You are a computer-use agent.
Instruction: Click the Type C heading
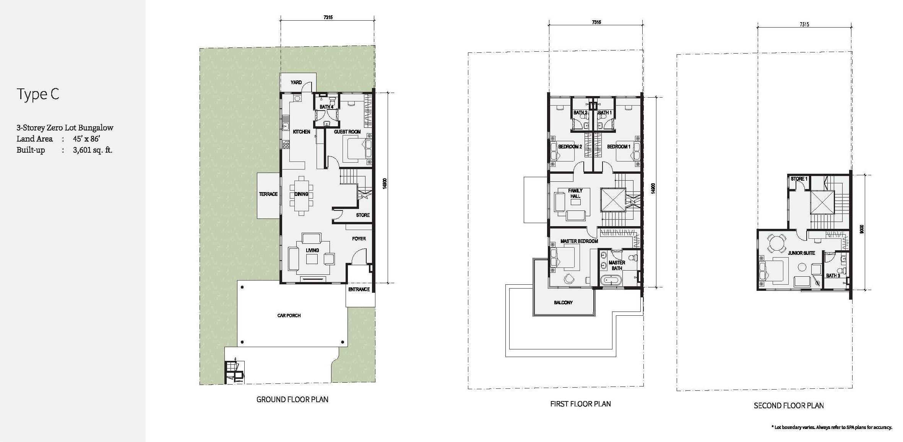coord(38,94)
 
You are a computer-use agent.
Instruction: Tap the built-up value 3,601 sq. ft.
coord(93,150)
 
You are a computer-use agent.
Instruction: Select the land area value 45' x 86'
coord(86,139)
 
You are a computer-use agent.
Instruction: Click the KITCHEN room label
coord(302,132)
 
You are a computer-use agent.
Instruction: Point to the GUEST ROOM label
coord(347,132)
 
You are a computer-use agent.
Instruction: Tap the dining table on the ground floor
coord(302,194)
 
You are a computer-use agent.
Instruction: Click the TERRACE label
coord(268,194)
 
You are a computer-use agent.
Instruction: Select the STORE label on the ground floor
coord(363,215)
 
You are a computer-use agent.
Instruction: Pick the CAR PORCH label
coord(289,315)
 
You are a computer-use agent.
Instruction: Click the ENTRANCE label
coord(359,289)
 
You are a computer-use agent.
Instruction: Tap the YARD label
coord(296,82)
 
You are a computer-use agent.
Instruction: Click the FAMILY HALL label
coord(575,193)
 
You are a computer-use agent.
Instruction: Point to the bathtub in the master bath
coord(611,281)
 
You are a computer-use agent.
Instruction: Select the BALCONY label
coord(563,302)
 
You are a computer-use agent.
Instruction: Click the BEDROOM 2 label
coord(570,147)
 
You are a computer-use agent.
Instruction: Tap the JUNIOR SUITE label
coord(801,253)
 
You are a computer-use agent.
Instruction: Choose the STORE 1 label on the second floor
coord(799,179)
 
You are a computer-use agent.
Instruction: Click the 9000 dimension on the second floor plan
coord(861,230)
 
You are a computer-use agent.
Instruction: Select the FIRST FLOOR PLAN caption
coord(580,404)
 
